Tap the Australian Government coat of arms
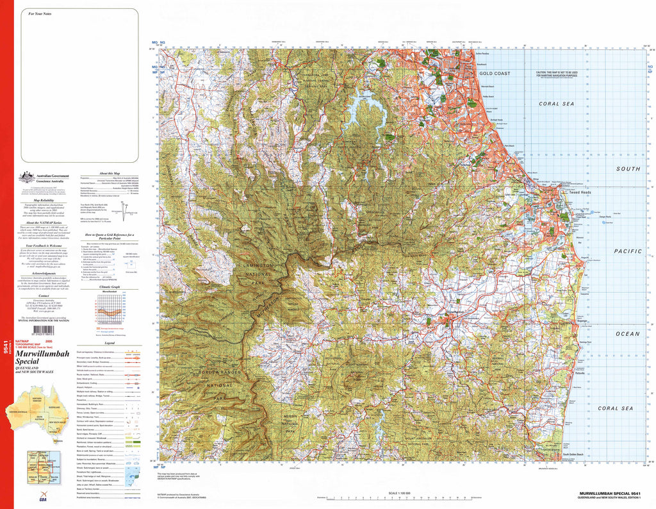[26, 176]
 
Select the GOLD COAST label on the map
[494, 74]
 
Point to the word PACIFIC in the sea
[627, 252]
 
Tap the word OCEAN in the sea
[627, 334]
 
